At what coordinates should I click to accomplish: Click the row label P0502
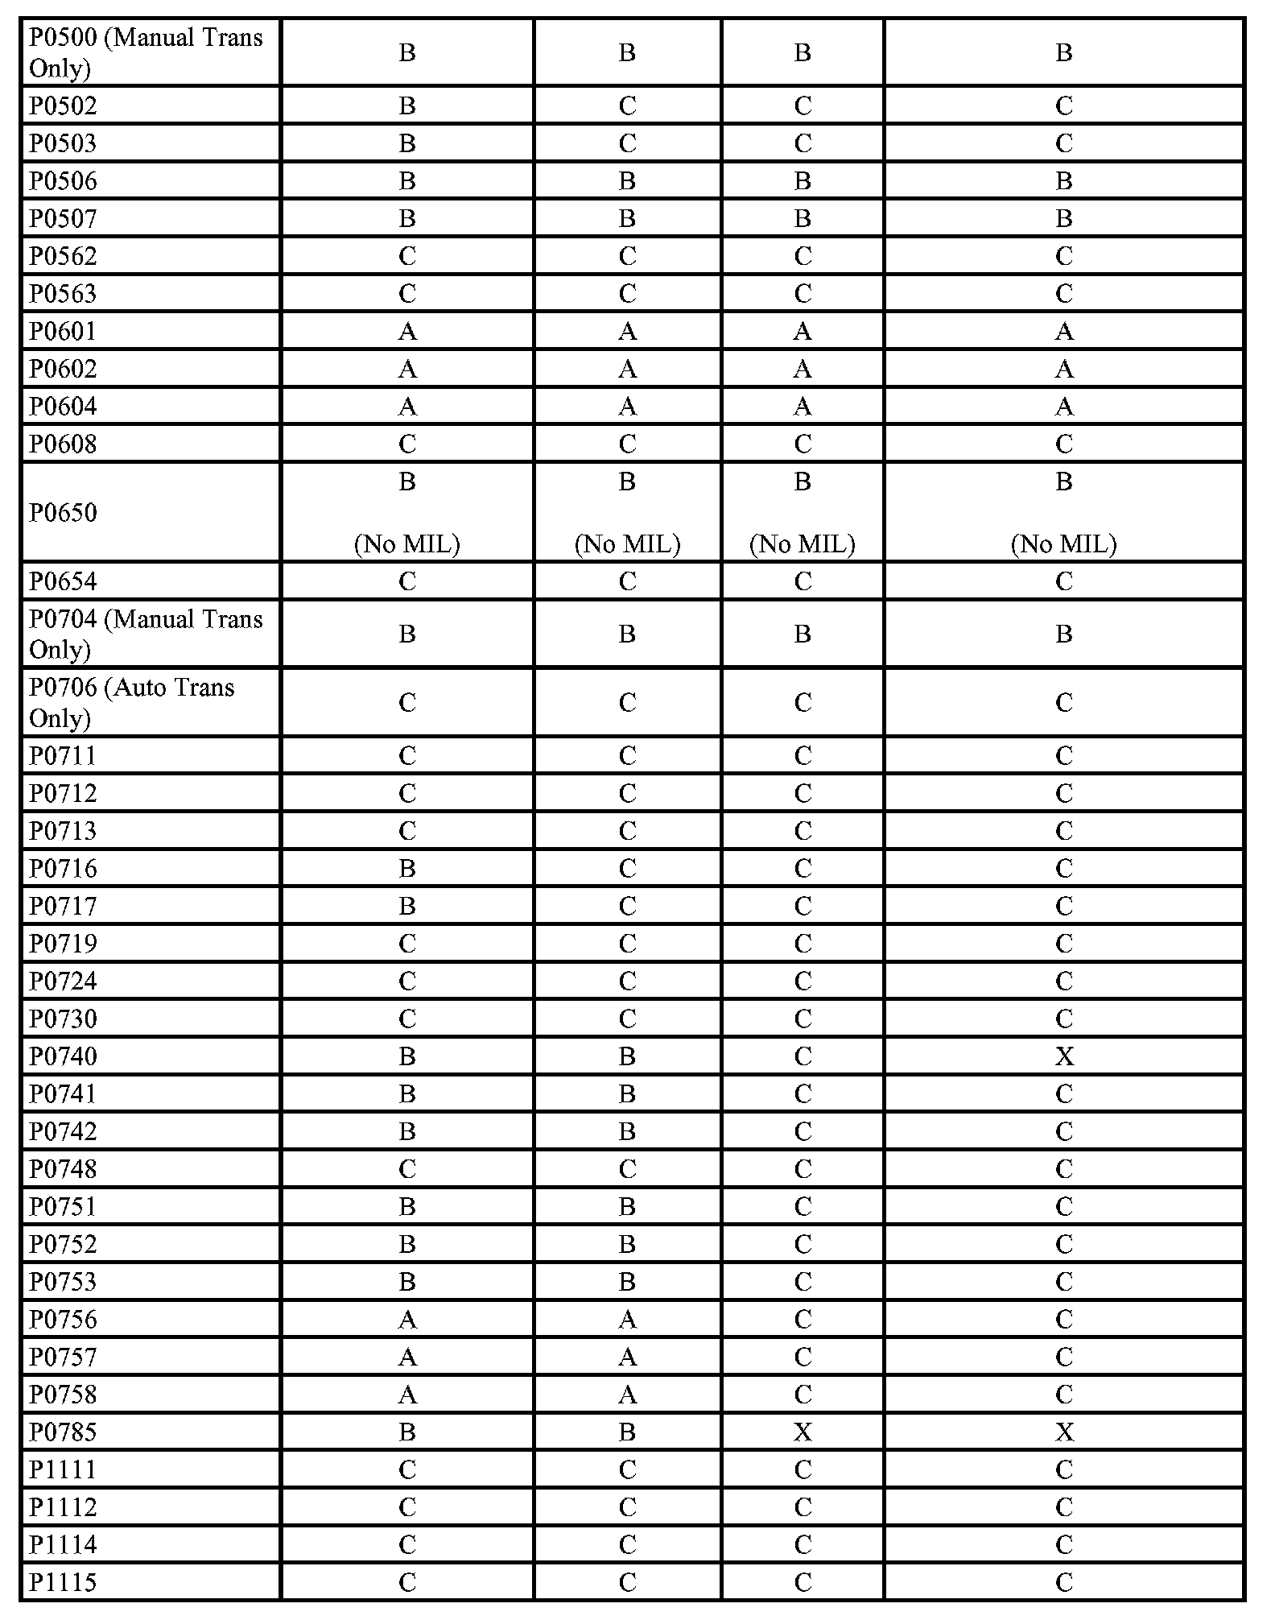(63, 105)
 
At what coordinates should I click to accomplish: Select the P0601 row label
(63, 331)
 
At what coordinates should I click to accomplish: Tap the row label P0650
(63, 512)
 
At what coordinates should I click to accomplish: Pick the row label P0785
(63, 1432)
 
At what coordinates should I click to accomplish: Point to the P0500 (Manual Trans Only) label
(146, 53)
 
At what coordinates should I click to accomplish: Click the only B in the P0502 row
(407, 105)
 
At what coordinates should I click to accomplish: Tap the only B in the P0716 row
(407, 868)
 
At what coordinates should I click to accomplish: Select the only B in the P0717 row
(407, 906)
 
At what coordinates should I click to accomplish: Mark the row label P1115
(63, 1582)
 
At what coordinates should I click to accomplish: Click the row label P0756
(63, 1319)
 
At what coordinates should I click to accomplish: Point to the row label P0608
(63, 444)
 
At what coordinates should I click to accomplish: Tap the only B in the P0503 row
(407, 143)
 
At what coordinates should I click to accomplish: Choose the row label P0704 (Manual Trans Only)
(146, 634)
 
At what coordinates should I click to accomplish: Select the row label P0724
(63, 981)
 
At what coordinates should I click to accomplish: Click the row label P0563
(63, 293)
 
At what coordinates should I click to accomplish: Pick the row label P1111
(63, 1469)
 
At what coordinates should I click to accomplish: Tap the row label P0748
(63, 1169)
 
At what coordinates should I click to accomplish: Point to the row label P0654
(63, 581)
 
